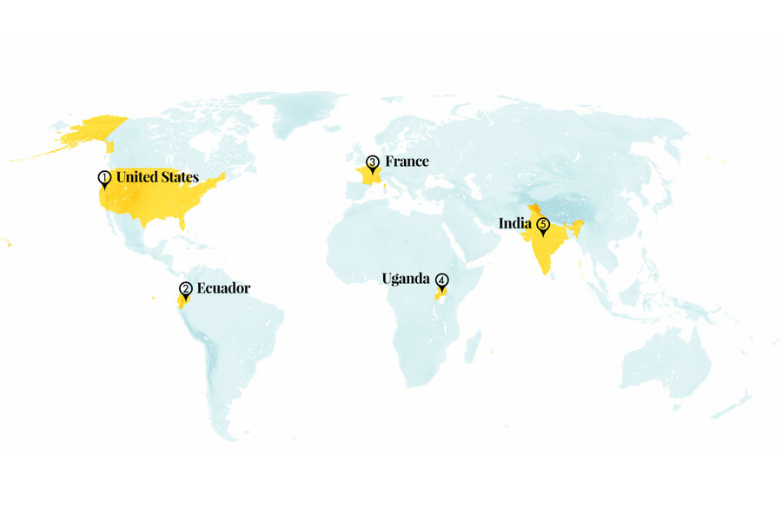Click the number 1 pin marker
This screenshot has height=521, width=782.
click(104, 179)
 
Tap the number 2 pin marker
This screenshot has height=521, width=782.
click(185, 290)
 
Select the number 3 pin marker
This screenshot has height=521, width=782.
click(373, 162)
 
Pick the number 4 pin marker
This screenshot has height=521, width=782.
click(442, 281)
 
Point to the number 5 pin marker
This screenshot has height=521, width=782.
click(544, 226)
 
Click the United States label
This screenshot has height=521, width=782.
click(157, 177)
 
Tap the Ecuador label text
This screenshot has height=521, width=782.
click(223, 288)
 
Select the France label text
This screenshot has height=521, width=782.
click(407, 162)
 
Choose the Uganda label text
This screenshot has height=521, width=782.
click(406, 279)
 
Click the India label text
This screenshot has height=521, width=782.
click(515, 223)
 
